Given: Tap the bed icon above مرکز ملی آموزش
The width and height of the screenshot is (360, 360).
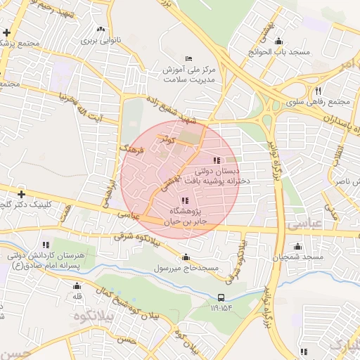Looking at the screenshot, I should click(187, 58).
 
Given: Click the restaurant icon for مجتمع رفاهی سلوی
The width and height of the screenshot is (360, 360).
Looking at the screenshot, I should click(319, 91).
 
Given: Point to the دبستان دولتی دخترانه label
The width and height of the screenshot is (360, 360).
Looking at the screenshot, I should click(226, 175).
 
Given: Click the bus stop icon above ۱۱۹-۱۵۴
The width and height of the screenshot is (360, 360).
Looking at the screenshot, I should click(221, 297).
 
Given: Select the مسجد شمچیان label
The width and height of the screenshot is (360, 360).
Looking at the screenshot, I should click(300, 258).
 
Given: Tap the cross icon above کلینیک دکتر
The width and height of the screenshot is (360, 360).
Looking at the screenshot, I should click(22, 194).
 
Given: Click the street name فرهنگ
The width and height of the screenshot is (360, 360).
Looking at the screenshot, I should click(131, 150).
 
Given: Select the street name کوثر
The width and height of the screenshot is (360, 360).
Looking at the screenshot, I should click(166, 136).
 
